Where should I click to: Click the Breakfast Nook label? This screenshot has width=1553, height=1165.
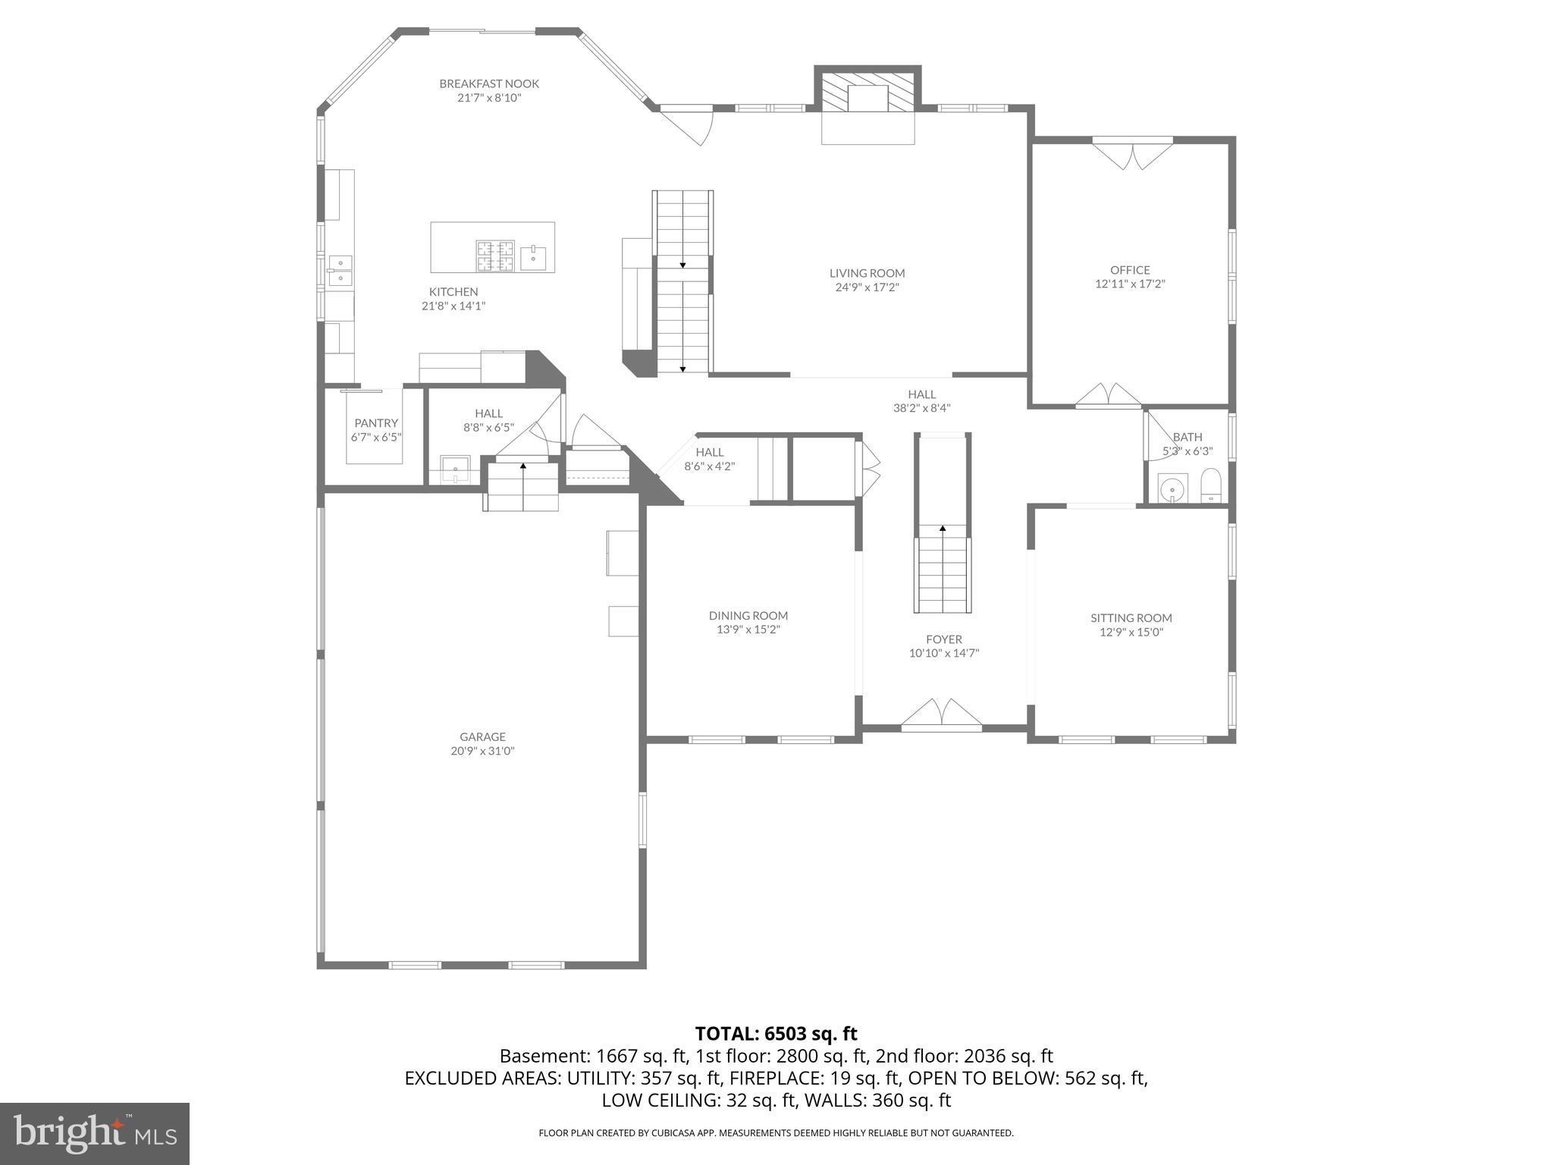coord(489,84)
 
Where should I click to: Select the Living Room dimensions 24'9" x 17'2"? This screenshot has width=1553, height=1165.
coord(867,287)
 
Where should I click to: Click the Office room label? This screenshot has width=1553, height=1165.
coord(1130,270)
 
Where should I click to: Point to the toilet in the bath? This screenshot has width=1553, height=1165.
coord(1211,485)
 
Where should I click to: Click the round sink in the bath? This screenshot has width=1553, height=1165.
coord(1173,488)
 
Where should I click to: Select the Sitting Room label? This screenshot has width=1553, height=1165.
coord(1131,618)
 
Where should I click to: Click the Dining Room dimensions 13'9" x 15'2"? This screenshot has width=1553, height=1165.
coord(748,630)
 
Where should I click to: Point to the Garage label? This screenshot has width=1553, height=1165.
coord(482,736)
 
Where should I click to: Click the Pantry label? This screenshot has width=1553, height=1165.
coord(376,423)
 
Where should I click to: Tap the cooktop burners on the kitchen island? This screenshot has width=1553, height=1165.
coord(495,256)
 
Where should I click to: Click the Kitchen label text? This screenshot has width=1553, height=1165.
coord(453,292)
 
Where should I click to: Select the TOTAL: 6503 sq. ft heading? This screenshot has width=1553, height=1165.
coord(776,1034)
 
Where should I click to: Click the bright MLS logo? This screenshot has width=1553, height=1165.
coord(94,1134)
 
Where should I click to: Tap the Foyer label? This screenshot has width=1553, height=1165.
coord(943,639)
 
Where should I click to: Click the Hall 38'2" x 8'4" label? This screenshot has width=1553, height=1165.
coord(921,394)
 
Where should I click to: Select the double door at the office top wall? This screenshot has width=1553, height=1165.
coord(1132,155)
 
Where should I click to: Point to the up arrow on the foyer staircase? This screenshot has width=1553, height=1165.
coord(943,527)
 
